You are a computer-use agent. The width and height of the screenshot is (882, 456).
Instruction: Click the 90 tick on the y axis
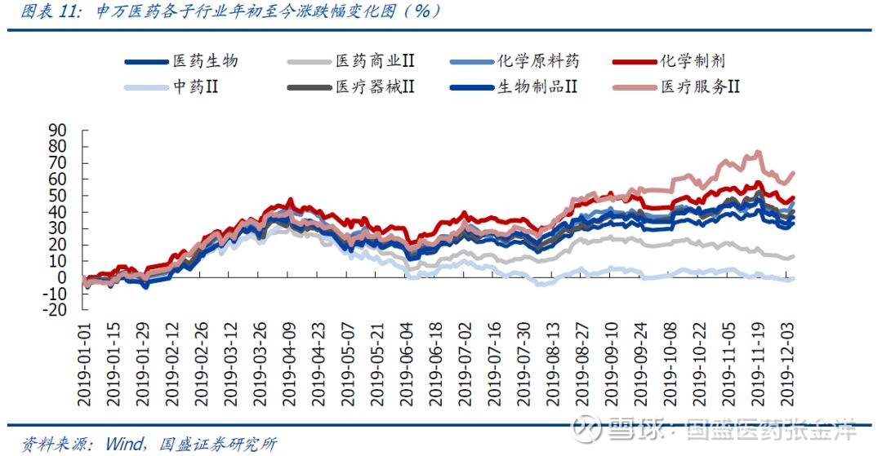pos(57,131)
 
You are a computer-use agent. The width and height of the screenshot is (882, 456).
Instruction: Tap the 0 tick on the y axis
pos(61,277)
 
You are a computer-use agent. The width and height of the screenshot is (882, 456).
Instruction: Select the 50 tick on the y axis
pos(57,196)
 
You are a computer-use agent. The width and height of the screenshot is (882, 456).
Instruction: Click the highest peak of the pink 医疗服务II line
pos(757,152)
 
